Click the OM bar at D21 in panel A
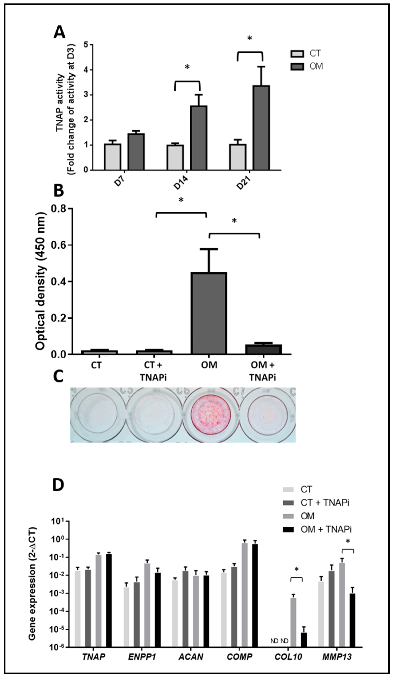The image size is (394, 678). (x=261, y=128)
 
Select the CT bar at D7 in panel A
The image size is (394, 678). (x=113, y=157)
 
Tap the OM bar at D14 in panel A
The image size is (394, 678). (x=199, y=138)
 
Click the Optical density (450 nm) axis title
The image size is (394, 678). (x=40, y=281)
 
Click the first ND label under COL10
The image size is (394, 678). (x=274, y=641)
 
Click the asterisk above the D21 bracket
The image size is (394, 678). (x=250, y=38)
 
